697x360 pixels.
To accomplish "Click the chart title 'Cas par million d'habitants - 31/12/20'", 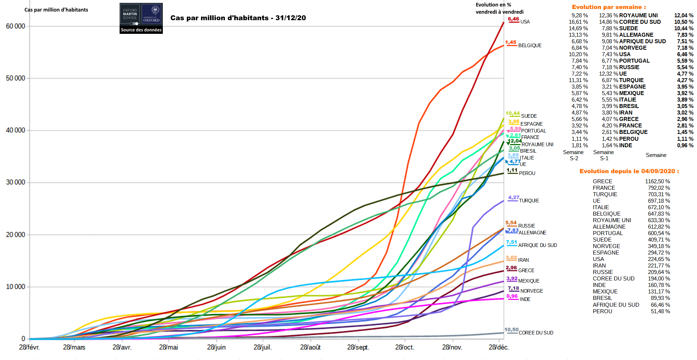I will pos(238,18).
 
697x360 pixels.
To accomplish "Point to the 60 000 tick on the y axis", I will pos(15,26).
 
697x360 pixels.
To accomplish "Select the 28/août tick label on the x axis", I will pos(310,347).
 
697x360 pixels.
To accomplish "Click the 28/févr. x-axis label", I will pos(29,347).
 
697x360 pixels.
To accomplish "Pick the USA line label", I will pos(525,22).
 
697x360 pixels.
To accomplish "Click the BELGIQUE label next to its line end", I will pos(530,45).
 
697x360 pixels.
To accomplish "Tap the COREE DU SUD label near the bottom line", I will pos(536,333).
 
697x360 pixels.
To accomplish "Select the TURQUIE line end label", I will pos(529,201).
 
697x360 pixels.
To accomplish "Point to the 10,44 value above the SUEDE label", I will pos(512,113).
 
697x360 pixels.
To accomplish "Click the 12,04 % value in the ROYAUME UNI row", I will pos(683,15).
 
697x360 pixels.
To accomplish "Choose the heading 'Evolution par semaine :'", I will pos(609,7).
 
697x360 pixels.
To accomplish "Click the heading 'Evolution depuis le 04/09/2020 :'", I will pos(629,171).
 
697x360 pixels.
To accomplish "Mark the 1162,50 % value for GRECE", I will pos(657,181).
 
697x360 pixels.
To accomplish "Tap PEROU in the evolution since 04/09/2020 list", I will pos(602,311).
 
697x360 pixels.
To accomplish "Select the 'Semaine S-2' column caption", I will pos(573,155).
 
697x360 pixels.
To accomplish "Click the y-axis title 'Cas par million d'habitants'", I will pos(56,10).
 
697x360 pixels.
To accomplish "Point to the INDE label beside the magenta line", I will pos(525,299).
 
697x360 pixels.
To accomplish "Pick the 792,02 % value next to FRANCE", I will pos(659,188).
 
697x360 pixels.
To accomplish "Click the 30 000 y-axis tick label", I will pos(15,183).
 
